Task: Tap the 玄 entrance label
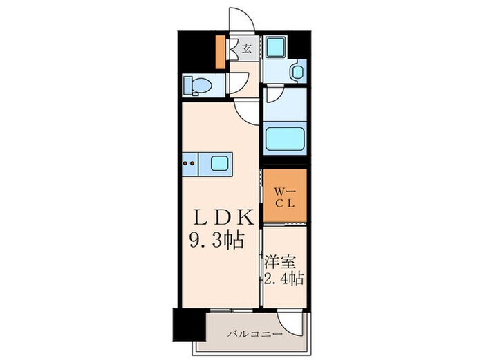point(245,48)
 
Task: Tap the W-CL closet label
point(283,197)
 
